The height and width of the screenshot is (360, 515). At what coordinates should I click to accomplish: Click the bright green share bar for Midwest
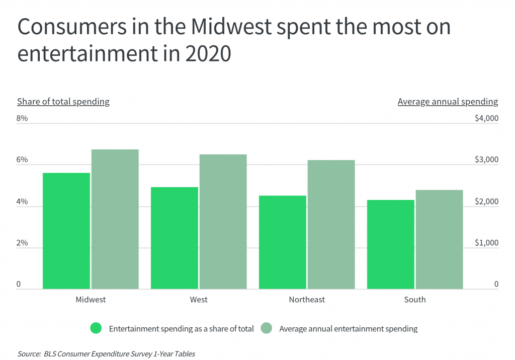[x=66, y=231]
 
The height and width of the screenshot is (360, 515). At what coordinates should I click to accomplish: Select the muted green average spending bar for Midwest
[x=115, y=219]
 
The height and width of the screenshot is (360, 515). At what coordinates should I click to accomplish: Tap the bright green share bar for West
[x=175, y=238]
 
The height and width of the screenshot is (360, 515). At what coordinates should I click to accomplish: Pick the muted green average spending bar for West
[x=223, y=222]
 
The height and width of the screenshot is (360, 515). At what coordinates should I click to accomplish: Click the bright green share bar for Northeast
[x=283, y=242]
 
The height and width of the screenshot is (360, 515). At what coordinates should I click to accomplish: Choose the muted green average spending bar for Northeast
[x=331, y=225]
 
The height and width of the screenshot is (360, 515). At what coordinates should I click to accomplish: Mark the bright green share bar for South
[x=391, y=244]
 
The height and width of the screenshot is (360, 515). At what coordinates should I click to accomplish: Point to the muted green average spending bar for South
[x=439, y=239]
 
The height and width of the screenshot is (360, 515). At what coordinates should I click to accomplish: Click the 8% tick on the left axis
[x=22, y=118]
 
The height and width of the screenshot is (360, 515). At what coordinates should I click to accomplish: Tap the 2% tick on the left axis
[x=22, y=243]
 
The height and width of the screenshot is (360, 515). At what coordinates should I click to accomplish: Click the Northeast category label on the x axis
[x=307, y=300]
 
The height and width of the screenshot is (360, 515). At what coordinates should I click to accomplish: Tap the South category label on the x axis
[x=415, y=300]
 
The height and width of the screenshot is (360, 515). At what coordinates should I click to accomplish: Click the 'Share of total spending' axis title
[x=63, y=102]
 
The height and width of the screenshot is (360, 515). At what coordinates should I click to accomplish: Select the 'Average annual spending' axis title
[x=448, y=102]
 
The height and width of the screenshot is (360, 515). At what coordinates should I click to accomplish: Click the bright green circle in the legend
[x=96, y=329]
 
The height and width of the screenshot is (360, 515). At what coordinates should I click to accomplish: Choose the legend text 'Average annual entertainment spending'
[x=348, y=329]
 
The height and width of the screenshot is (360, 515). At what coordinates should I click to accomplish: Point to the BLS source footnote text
[x=106, y=354]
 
